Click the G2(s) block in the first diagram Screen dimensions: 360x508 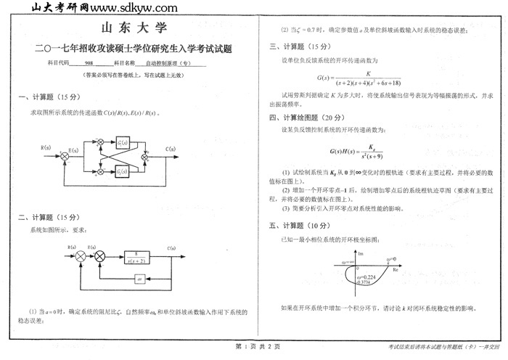pos(123,170)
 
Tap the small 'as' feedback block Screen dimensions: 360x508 pos(140,279)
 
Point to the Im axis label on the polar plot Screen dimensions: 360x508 pos(361,253)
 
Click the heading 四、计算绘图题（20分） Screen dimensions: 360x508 pos(303,117)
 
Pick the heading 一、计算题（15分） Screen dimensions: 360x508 pos(46,97)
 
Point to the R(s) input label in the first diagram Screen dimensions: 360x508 pos(45,147)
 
